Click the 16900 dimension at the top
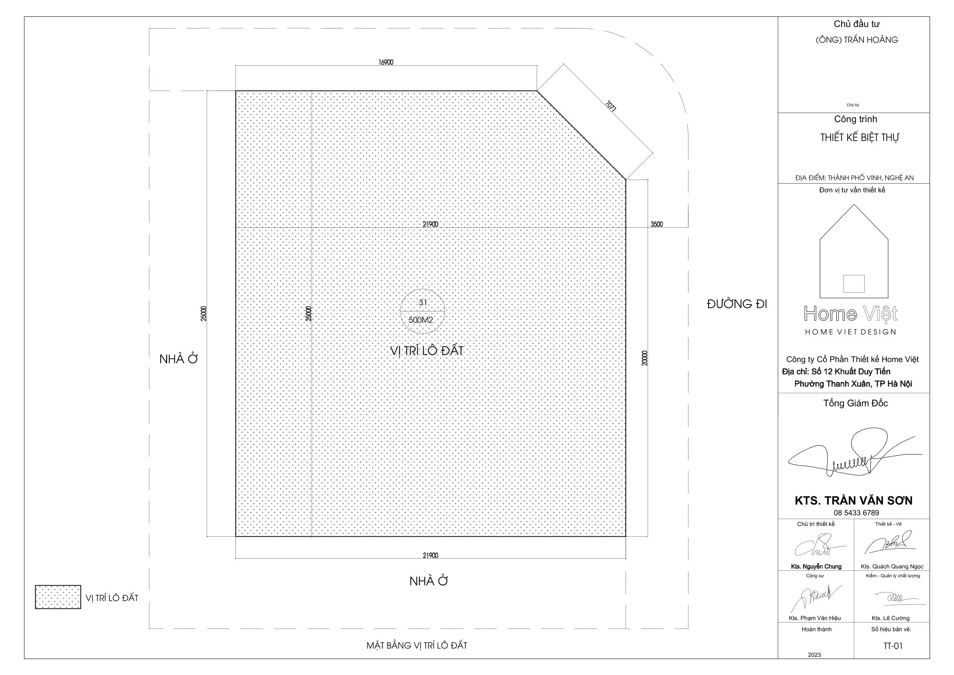point(386,63)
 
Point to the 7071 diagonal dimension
point(610,106)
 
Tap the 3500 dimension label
point(656,224)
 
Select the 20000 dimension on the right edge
point(644,358)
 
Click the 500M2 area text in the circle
point(421,320)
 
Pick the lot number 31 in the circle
point(423,302)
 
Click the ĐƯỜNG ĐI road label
point(737,304)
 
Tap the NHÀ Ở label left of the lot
point(179,359)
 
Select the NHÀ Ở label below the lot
point(429,581)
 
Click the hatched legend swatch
point(58,597)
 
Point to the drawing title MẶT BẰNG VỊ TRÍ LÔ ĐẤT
point(417,645)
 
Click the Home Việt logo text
point(851,314)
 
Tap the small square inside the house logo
point(854,284)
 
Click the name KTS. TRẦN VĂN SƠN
point(853,500)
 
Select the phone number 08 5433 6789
point(856,513)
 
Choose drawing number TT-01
point(893,646)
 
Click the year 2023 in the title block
point(814,655)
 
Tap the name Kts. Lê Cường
point(890,618)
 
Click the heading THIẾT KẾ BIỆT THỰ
point(859,137)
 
